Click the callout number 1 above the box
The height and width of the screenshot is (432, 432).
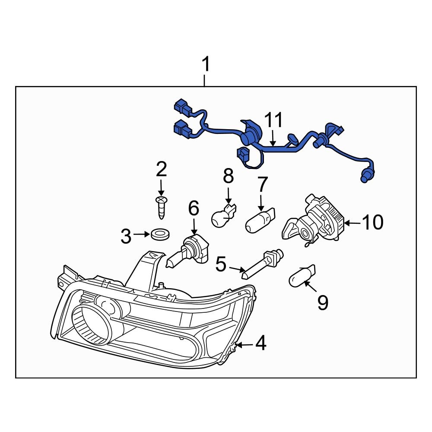click(x=206, y=65)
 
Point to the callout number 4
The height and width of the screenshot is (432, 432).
click(x=260, y=344)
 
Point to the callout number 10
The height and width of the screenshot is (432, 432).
click(x=372, y=223)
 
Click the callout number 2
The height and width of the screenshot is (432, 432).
click(x=161, y=170)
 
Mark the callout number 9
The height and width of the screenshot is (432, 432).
click(x=323, y=303)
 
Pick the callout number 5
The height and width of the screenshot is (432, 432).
click(x=221, y=264)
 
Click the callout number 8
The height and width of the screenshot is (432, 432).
click(x=228, y=176)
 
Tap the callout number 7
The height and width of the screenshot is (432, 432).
click(x=263, y=184)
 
